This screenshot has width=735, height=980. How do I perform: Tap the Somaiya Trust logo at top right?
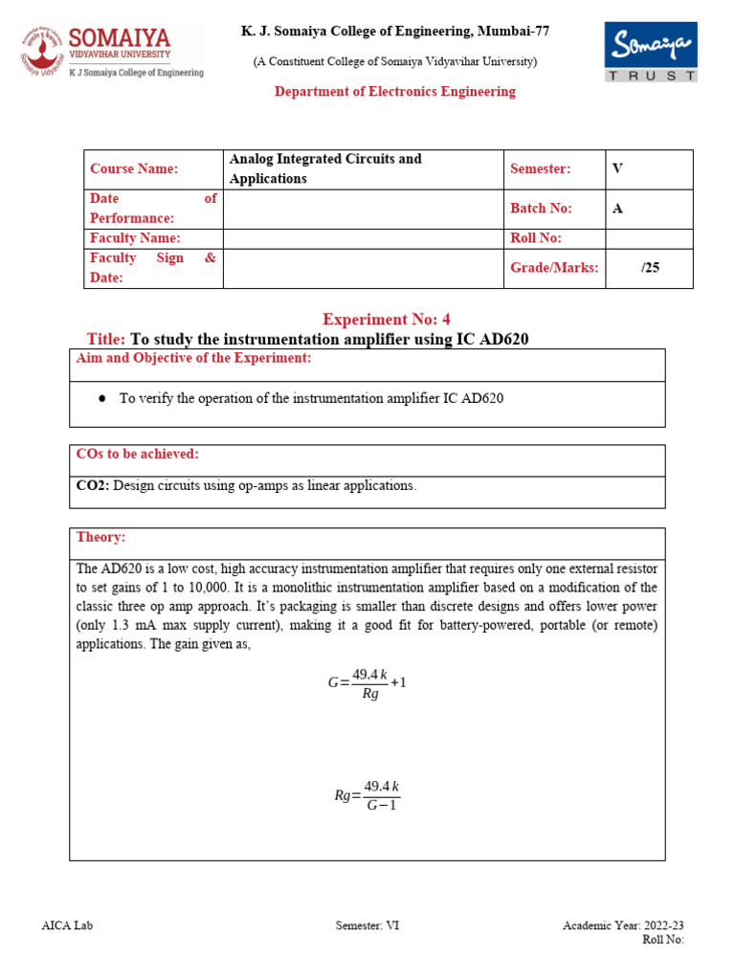click(x=650, y=54)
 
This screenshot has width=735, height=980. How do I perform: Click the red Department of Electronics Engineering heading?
click(x=394, y=92)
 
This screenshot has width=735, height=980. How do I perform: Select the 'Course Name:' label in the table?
click(x=134, y=169)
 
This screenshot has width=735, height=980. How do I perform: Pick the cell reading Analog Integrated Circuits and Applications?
click(x=325, y=168)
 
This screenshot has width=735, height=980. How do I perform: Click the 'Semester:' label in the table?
click(x=541, y=169)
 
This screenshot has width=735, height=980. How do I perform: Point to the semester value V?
click(x=617, y=168)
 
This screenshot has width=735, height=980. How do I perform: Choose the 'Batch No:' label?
click(x=542, y=209)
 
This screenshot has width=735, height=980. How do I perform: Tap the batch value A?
click(x=617, y=209)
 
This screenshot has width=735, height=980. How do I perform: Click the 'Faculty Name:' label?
click(x=135, y=238)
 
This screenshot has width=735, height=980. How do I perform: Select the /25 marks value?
click(x=651, y=268)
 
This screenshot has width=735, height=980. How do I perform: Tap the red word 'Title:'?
click(x=105, y=339)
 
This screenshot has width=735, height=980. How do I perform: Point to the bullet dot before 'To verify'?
click(x=100, y=398)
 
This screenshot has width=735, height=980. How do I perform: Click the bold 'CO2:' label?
click(x=93, y=485)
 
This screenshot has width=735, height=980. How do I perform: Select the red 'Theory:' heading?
click(x=100, y=538)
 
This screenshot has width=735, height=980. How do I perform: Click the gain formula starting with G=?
click(x=367, y=683)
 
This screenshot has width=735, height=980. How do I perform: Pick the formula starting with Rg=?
click(x=367, y=795)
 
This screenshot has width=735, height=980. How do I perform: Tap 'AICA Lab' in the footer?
click(x=67, y=925)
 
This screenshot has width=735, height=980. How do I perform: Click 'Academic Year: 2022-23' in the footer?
click(x=623, y=925)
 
